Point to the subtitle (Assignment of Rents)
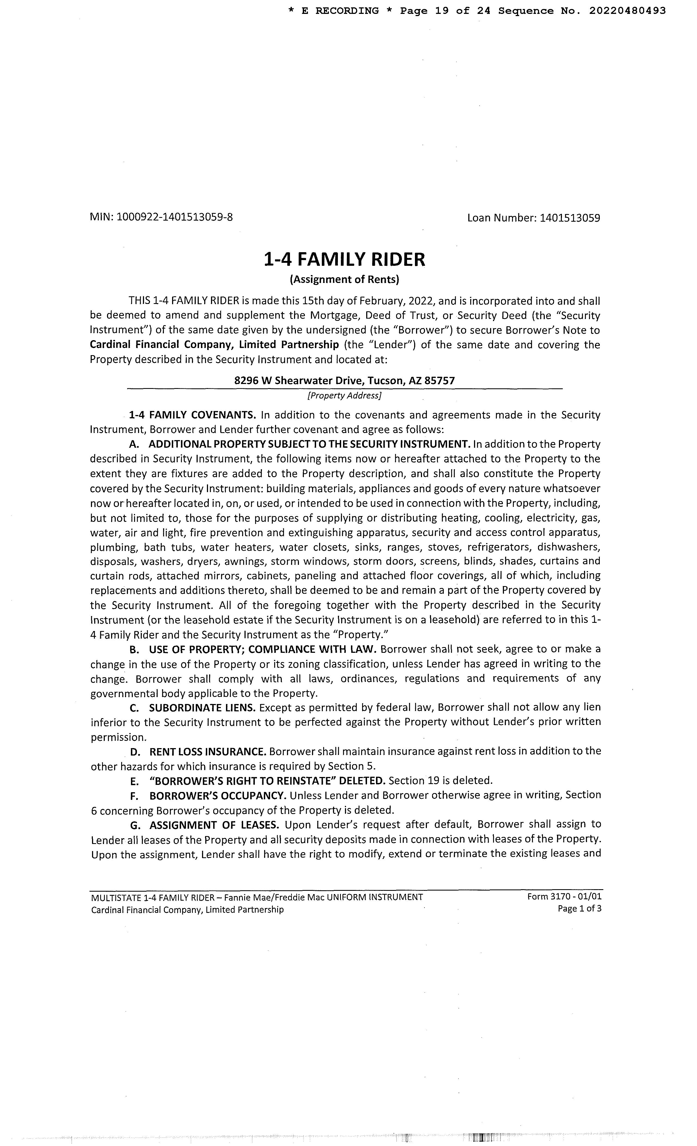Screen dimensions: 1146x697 tap(344, 279)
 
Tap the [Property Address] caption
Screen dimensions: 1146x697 tap(344, 395)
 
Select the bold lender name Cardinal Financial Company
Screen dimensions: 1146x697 tap(214, 345)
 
